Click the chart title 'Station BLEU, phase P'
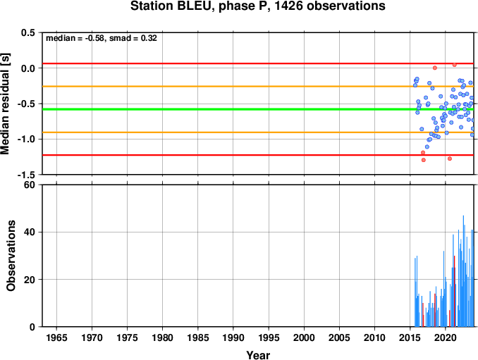click(200, 6)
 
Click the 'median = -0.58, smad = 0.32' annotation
click(102, 38)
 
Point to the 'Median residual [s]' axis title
click(5, 104)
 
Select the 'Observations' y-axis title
click(11, 256)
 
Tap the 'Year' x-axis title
click(258, 355)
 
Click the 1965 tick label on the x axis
click(56, 337)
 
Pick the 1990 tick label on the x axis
click(233, 337)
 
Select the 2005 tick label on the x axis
click(339, 337)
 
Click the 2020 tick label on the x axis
click(446, 337)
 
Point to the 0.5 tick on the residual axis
click(28, 32)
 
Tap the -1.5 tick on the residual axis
click(26, 175)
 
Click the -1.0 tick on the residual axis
click(26, 139)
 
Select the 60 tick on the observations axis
click(30, 185)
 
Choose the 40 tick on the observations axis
click(30, 232)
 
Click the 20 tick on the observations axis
click(30, 280)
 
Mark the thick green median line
click(258, 109)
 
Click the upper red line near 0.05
click(258, 63)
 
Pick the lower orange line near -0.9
click(258, 132)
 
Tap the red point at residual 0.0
click(435, 68)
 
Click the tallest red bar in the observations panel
click(454, 291)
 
